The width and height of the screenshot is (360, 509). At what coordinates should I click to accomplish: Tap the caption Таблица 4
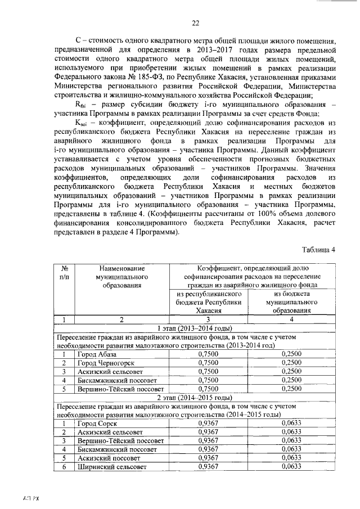point(318,250)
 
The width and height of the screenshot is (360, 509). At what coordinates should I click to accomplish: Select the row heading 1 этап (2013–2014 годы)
point(195,328)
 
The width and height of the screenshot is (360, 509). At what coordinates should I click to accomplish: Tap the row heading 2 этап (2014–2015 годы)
point(195,398)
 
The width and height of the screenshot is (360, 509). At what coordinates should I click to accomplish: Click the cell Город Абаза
point(97,354)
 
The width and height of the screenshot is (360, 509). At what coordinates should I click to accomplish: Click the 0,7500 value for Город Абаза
point(209,354)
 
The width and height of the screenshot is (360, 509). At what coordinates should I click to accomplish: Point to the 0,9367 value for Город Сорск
point(209,424)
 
